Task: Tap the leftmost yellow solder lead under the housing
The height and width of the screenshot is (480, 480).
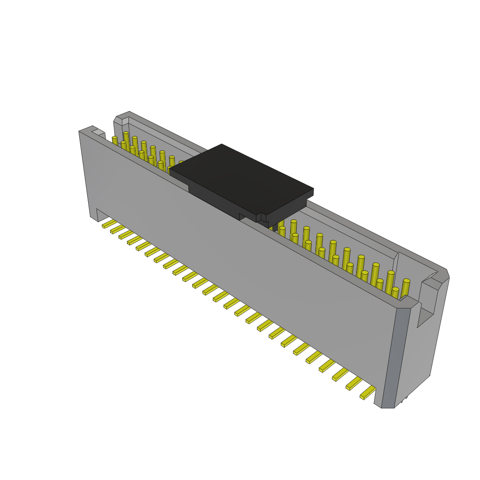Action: (x=109, y=224)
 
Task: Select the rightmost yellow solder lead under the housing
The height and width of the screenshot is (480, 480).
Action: (x=368, y=393)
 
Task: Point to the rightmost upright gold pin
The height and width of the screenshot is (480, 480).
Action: (x=405, y=287)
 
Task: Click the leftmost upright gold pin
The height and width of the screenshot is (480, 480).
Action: (x=115, y=141)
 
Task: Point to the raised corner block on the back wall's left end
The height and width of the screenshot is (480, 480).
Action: (x=122, y=118)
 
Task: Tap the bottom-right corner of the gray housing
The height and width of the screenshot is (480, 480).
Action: (x=388, y=406)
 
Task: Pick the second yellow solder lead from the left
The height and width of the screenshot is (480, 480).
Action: (x=117, y=229)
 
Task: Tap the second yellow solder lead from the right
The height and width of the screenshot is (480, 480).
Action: (x=354, y=383)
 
